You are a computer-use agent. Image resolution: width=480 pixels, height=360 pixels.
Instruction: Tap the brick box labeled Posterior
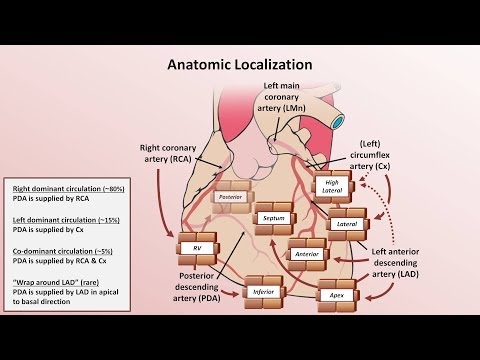[x=231, y=197]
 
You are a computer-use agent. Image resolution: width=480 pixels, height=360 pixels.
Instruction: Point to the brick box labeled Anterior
[x=307, y=254]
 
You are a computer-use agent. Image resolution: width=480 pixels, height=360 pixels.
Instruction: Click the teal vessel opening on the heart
[x=338, y=122]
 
